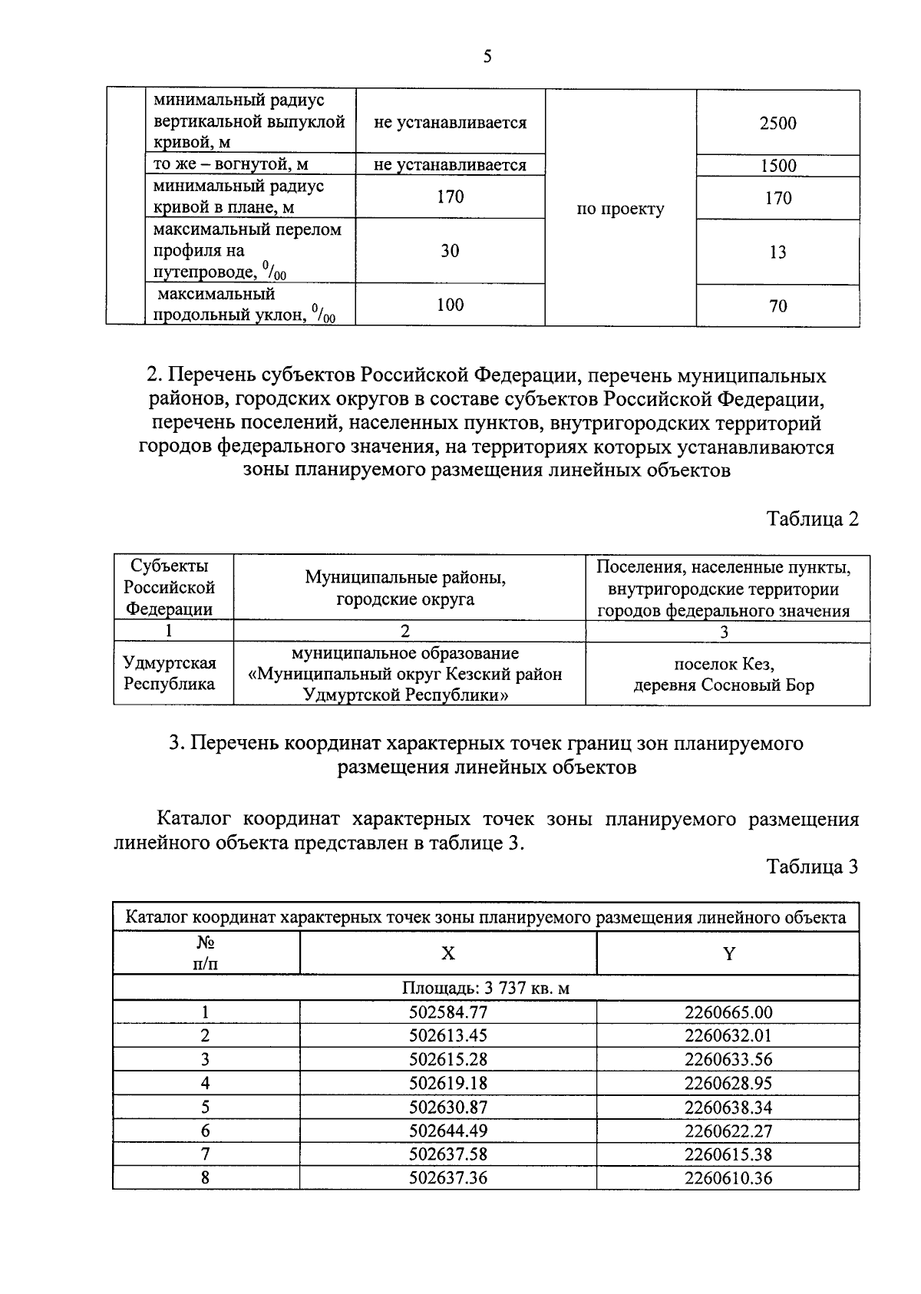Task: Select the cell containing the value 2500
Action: [x=777, y=124]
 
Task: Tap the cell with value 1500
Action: [x=777, y=166]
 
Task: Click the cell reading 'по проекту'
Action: [x=620, y=210]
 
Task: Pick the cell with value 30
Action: [x=450, y=251]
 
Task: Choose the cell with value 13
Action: [x=777, y=253]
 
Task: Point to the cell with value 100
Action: [x=450, y=305]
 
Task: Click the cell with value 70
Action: [x=777, y=306]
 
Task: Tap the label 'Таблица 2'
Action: [x=812, y=519]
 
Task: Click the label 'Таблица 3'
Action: [x=812, y=867]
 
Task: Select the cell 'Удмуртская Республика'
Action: [x=170, y=674]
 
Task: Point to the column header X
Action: [x=447, y=953]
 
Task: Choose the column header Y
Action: [x=728, y=953]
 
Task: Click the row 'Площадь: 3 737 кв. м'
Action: [x=486, y=988]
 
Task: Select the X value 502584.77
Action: [x=447, y=1012]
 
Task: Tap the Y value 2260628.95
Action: [x=728, y=1083]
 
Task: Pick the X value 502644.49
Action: [x=447, y=1131]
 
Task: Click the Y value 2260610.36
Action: [x=728, y=1178]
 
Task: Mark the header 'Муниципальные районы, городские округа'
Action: [x=406, y=588]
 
